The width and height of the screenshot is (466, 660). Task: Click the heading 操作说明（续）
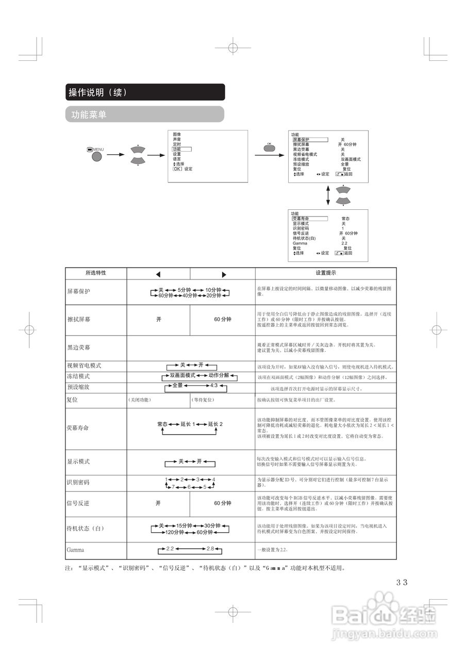pyautogui.click(x=97, y=92)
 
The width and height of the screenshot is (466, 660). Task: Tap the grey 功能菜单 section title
pyautogui.click(x=86, y=114)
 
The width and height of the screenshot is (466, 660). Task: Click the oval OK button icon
pyautogui.click(x=269, y=148)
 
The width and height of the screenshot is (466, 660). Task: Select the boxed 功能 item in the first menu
pyautogui.click(x=177, y=149)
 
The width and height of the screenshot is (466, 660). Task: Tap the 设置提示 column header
pyautogui.click(x=326, y=273)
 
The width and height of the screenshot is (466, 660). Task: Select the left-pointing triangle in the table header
pyautogui.click(x=158, y=274)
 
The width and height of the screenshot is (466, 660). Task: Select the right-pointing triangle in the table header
pyautogui.click(x=224, y=274)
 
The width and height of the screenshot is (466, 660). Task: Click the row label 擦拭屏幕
pyautogui.click(x=78, y=320)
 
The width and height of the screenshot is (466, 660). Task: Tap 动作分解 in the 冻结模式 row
pyautogui.click(x=219, y=375)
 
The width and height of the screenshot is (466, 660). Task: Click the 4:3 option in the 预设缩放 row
pyautogui.click(x=214, y=386)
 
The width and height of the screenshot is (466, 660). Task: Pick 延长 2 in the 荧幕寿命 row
pyautogui.click(x=215, y=424)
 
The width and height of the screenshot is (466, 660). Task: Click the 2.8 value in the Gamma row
pyautogui.click(x=210, y=549)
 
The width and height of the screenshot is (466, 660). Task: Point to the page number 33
pyautogui.click(x=402, y=582)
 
